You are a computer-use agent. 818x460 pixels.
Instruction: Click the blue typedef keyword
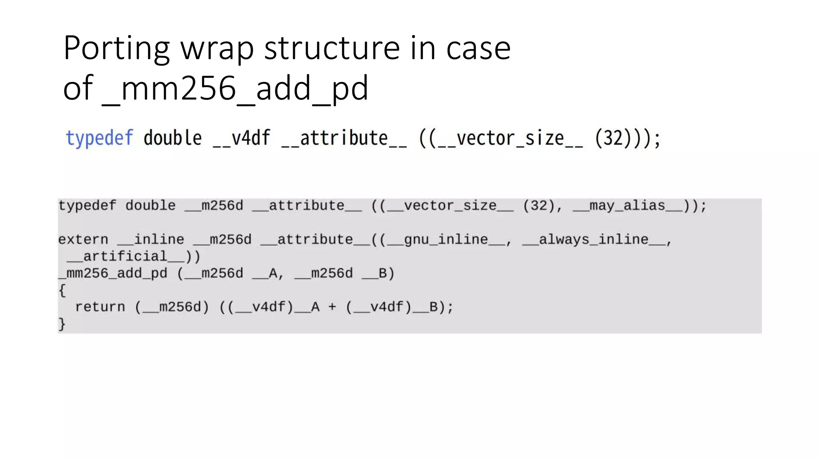coord(99,138)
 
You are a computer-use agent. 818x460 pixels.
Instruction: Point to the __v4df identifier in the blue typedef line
coord(242,138)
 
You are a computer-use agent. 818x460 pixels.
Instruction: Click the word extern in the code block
coord(83,240)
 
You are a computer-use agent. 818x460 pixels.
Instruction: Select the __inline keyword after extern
coord(151,240)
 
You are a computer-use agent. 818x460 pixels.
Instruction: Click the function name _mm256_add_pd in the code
coord(113,274)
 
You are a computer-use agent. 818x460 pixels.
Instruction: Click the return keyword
coord(100,307)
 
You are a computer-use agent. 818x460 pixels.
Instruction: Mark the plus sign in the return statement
coord(332,307)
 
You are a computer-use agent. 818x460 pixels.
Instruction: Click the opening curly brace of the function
coord(62,290)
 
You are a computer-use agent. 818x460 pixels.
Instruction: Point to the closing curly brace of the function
coord(62,324)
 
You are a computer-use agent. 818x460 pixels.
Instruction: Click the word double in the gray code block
coord(150,206)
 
